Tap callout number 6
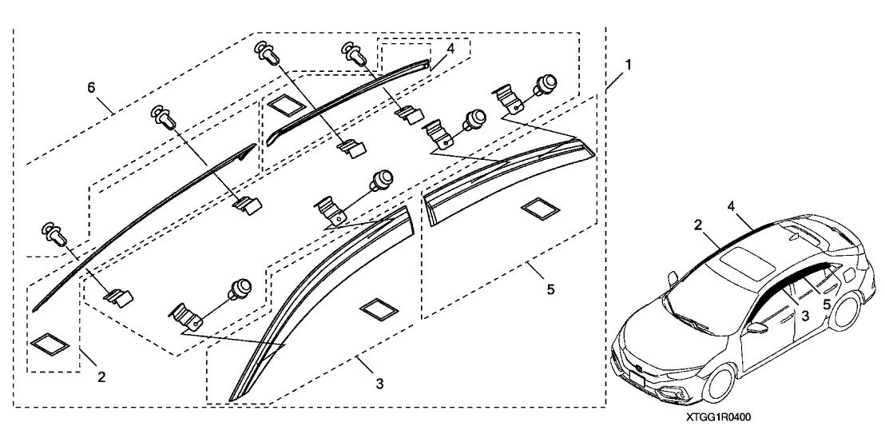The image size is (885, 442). point(92,86)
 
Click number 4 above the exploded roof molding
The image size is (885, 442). point(450,49)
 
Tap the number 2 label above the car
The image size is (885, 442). point(697,226)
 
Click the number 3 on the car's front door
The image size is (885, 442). point(805,316)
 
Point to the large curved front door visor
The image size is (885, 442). point(319,304)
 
